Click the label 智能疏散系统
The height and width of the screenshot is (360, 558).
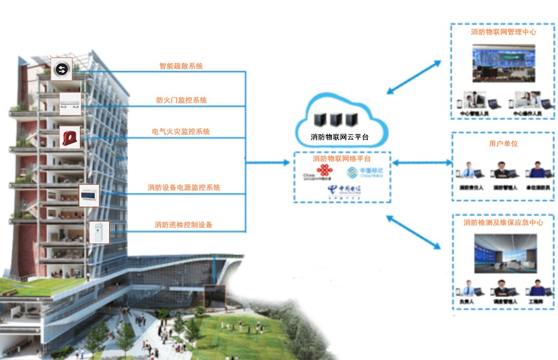(181, 67)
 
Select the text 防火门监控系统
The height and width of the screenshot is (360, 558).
(181, 100)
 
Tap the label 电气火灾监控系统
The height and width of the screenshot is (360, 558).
(181, 132)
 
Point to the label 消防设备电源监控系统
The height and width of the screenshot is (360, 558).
(184, 187)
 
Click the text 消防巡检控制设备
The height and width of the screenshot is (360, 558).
(183, 225)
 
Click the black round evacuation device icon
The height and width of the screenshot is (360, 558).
(62, 69)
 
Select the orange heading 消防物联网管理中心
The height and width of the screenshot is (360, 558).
(503, 32)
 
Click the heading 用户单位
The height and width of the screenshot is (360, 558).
(503, 144)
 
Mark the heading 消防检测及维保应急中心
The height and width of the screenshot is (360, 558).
(503, 223)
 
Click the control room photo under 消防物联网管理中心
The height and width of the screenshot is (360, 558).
(503, 63)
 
